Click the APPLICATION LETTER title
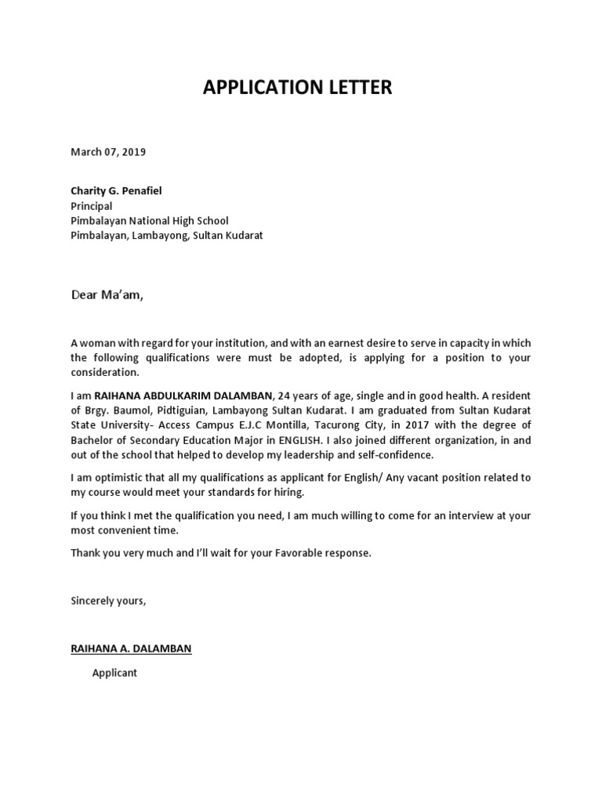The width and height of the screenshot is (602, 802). [x=297, y=88]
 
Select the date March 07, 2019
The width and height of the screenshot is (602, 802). [x=108, y=152]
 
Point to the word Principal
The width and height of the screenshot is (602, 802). [x=92, y=206]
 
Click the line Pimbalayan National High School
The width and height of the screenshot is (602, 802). [x=150, y=221]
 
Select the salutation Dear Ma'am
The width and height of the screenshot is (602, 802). [x=108, y=295]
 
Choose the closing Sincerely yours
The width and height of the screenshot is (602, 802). [x=108, y=601]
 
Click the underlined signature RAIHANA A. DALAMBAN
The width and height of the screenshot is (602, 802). [x=131, y=648]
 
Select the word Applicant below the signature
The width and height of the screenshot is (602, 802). [x=114, y=673]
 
